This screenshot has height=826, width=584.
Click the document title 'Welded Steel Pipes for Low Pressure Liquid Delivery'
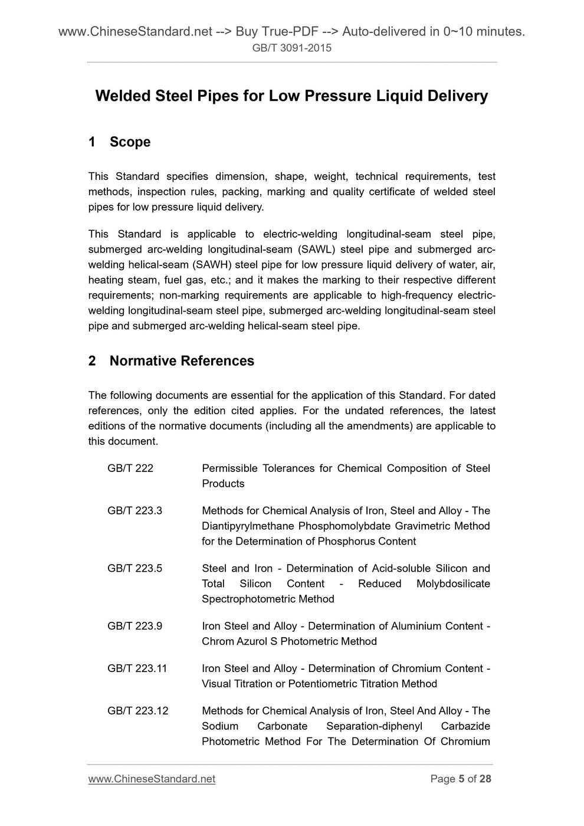coord(291,96)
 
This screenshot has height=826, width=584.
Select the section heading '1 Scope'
coord(119,142)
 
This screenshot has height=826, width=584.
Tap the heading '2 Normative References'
coord(171,361)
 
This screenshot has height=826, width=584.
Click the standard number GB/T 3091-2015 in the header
coord(291,48)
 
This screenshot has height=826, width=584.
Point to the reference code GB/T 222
coord(130,468)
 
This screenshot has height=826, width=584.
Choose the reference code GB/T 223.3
coord(134,511)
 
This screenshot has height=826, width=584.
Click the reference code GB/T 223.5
coord(134,569)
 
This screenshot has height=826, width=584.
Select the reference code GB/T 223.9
coord(134,627)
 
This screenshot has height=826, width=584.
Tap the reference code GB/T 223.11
coord(137,669)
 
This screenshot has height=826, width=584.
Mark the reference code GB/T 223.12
coord(137,712)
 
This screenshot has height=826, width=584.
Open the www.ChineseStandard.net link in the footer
coord(152,779)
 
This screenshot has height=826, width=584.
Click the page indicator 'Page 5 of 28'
coord(461,779)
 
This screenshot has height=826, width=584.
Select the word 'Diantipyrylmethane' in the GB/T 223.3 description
coord(247,526)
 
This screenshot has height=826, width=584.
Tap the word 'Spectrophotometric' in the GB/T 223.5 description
coord(247,599)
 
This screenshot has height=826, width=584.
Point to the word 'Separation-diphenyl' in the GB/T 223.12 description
coord(374,727)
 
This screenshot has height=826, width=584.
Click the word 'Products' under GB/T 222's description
coord(223,484)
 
